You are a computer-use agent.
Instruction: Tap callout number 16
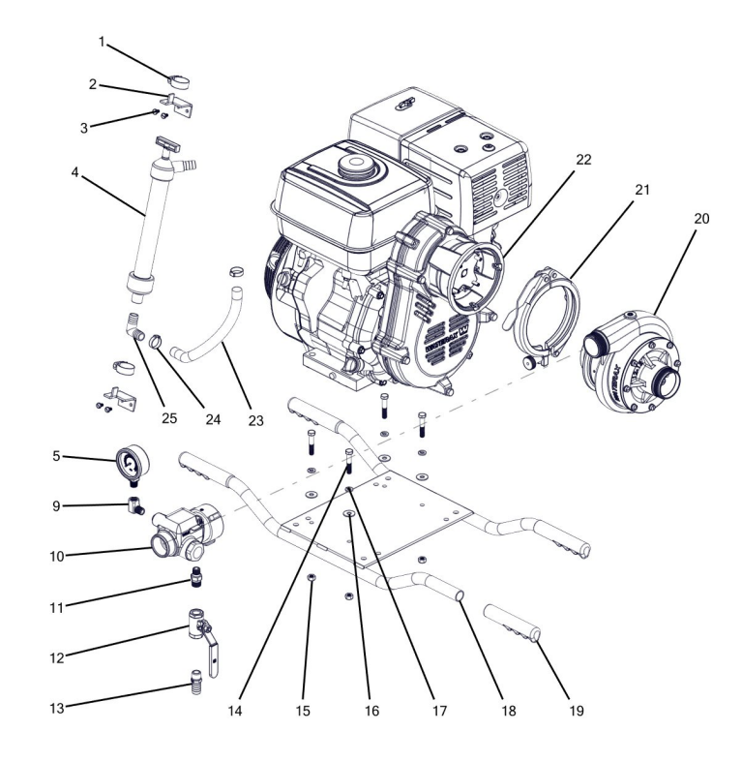372,709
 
